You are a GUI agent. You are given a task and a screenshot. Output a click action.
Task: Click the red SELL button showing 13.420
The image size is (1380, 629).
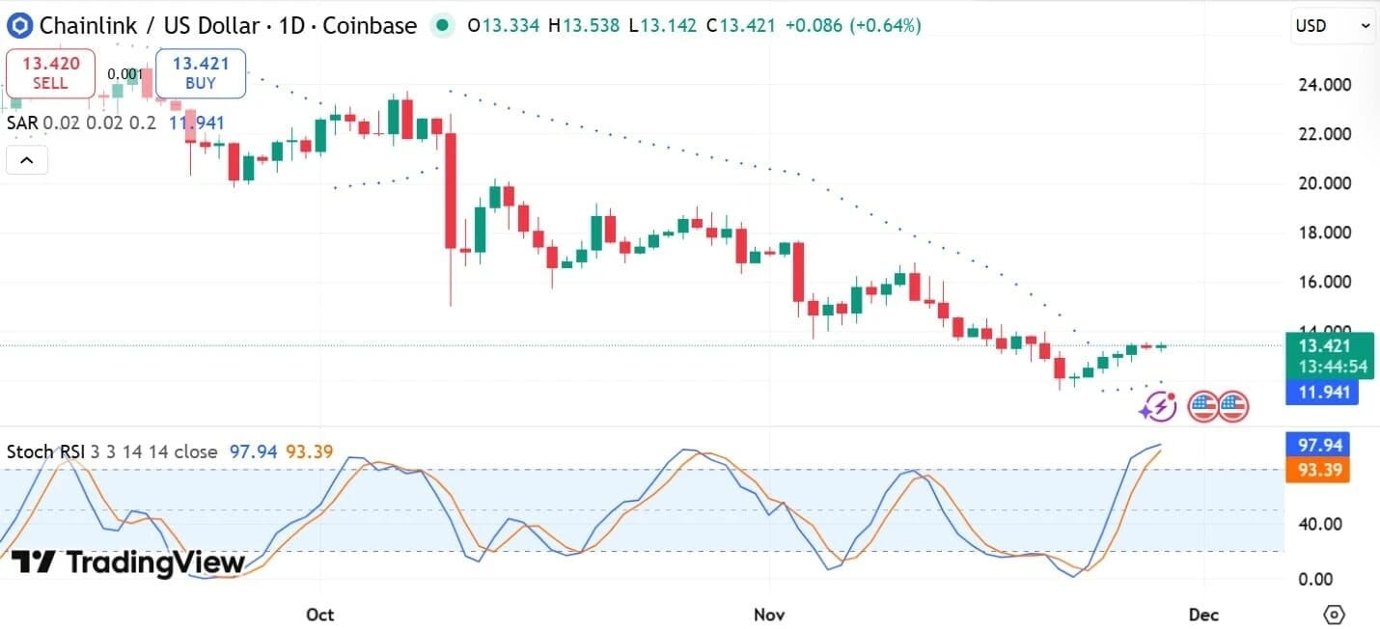(50, 73)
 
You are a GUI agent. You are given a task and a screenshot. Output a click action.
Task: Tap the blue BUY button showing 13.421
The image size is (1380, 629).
(201, 73)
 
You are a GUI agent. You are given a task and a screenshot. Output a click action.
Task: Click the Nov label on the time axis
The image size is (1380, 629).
(769, 614)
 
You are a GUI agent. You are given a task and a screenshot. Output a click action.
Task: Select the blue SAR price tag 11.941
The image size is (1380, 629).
(1322, 393)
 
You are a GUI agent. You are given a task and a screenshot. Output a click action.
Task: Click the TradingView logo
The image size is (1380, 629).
(127, 562)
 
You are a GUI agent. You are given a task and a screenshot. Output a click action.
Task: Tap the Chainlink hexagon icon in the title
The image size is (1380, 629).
(19, 25)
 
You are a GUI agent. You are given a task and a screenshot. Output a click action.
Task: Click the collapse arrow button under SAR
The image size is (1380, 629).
(27, 160)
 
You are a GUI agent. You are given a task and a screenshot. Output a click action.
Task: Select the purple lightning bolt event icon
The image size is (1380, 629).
(1157, 407)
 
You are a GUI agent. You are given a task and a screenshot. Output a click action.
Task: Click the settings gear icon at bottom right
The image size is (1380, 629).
(1335, 614)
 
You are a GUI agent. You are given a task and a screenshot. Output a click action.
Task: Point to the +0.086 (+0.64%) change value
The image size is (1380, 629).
(853, 26)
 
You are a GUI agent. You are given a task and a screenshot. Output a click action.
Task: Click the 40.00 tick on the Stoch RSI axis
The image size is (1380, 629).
(1318, 524)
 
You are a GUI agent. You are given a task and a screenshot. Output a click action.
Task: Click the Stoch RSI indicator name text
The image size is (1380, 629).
(45, 451)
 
